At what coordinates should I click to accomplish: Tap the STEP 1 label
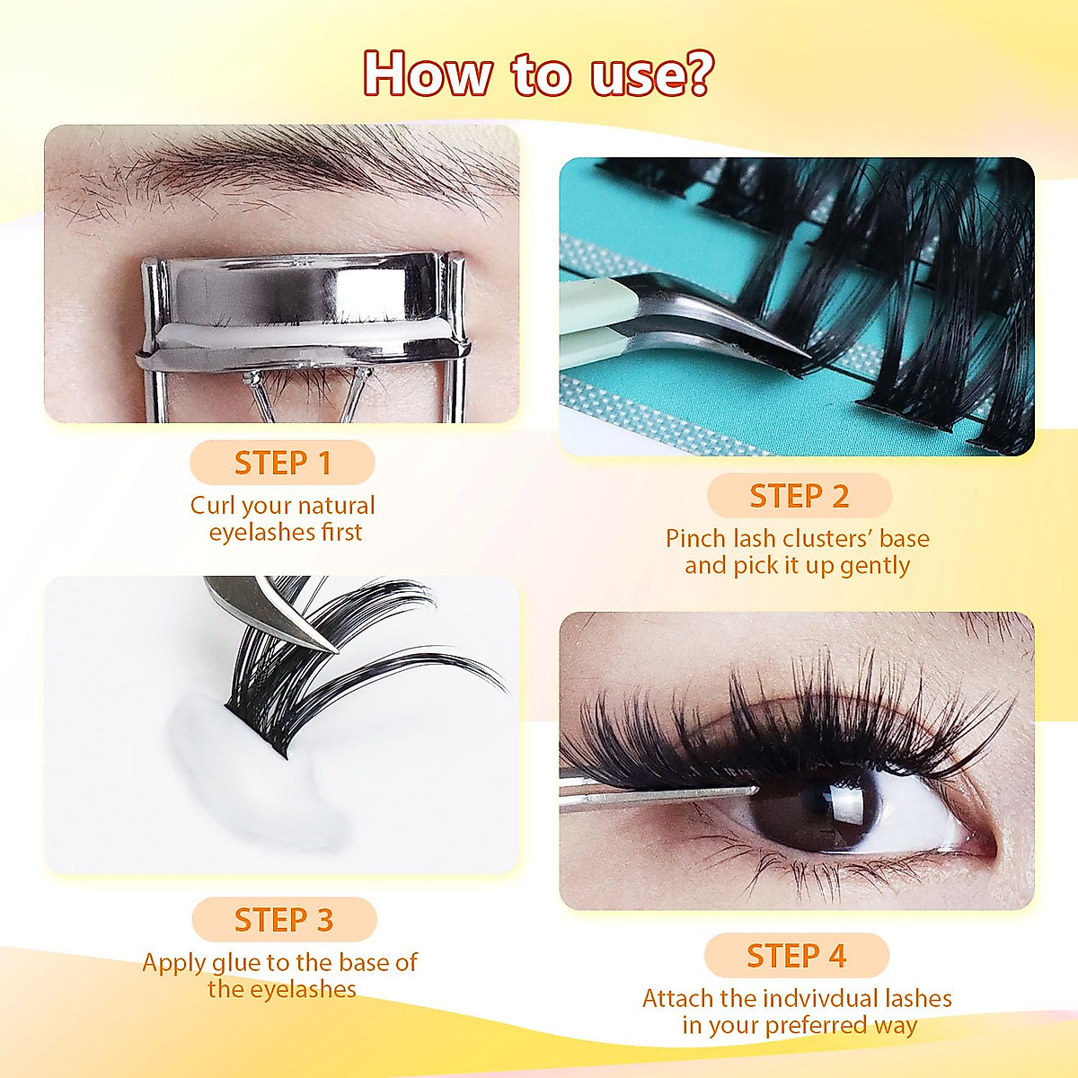point(282,464)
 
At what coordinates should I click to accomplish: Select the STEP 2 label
point(799,496)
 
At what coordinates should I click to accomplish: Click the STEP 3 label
point(283,920)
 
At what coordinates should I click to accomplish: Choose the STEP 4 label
point(796,956)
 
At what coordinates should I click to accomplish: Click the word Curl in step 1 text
point(213,506)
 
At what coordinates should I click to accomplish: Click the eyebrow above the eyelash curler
point(296,171)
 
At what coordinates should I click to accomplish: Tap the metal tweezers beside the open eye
point(647,796)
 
